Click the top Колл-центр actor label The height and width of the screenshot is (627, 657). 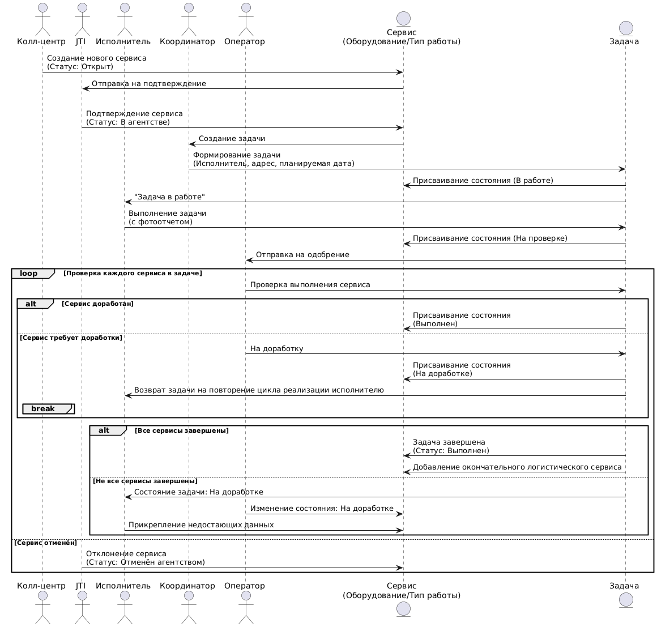41,41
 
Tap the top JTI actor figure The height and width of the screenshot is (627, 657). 82,19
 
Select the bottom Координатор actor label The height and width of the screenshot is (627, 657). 187,586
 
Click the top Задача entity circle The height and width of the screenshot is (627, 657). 626,28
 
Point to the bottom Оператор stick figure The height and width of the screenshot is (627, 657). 246,608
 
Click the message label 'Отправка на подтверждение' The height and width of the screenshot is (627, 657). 149,84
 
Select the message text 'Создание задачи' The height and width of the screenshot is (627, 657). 232,139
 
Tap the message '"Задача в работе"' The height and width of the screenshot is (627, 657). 169,197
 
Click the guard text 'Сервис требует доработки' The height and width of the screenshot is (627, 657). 71,338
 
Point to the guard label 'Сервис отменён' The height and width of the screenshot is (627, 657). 46,543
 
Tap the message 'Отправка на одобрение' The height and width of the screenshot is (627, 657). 302,255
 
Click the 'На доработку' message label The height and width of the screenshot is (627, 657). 276,349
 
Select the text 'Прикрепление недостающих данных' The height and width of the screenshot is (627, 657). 201,525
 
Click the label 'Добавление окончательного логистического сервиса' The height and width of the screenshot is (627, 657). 517,467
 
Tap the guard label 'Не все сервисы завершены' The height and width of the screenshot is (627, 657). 145,481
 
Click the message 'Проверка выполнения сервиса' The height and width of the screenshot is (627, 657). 310,285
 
